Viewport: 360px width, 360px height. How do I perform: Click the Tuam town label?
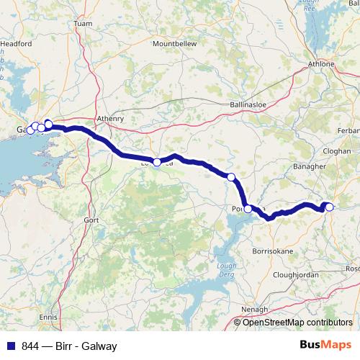click(x=84, y=24)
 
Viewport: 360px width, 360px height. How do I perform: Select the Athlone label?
click(x=322, y=64)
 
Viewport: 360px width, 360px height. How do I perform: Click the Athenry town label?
click(x=110, y=119)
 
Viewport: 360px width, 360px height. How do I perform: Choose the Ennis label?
click(x=49, y=316)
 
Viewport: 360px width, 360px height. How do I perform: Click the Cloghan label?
click(x=337, y=152)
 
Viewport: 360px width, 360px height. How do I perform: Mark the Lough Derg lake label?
click(x=227, y=271)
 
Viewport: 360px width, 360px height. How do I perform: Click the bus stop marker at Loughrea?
click(x=157, y=162)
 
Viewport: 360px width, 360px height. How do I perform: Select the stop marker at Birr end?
click(x=329, y=207)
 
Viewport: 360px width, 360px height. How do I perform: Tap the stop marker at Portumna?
click(x=248, y=209)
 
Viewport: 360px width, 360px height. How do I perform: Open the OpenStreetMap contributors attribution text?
click(x=297, y=323)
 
